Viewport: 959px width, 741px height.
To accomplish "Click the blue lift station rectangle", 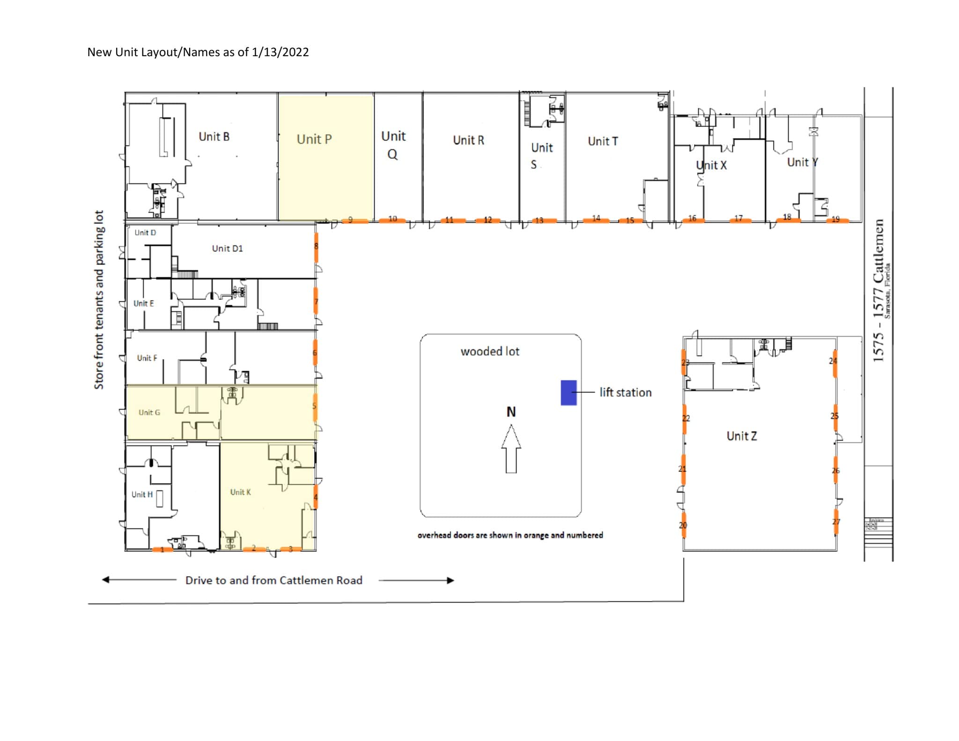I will point(568,392).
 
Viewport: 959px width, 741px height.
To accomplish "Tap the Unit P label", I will point(314,139).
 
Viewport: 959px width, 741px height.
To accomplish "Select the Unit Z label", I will point(741,436).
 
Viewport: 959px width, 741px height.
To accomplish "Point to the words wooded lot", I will point(490,351).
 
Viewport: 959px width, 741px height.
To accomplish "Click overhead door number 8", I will point(316,247).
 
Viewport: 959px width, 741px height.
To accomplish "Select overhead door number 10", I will point(392,220).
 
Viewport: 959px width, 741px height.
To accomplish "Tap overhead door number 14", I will point(596,219).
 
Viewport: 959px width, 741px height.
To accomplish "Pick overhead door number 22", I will point(684,418).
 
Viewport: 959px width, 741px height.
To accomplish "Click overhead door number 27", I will point(836,521).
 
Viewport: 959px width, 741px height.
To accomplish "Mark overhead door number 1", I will point(162,549).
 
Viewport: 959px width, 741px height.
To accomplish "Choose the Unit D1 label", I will point(227,248).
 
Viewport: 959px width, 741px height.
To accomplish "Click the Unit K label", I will point(240,492).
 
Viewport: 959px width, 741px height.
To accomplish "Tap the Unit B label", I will point(214,137).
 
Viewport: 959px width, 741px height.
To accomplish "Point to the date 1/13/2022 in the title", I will point(280,52).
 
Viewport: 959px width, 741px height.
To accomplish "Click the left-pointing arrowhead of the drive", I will point(106,580).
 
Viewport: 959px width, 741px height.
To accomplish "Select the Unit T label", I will point(603,141).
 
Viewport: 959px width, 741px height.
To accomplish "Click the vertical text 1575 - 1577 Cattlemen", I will point(878,290).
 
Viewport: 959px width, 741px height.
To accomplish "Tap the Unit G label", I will point(149,412).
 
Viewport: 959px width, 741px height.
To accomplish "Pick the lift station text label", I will point(625,392).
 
